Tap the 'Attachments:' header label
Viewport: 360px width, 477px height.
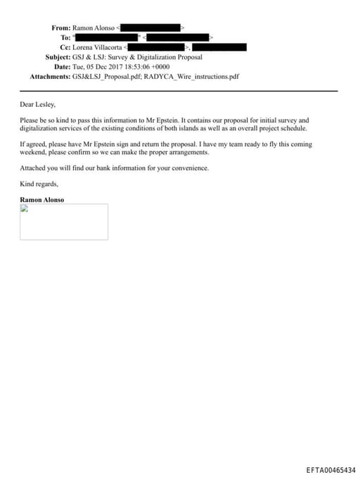(49, 76)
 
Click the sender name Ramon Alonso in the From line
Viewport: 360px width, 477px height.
(94, 27)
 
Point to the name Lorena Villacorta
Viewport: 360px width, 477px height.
(97, 47)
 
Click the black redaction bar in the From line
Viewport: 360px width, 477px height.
(150, 27)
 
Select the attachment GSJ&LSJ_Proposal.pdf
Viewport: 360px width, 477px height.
(101, 76)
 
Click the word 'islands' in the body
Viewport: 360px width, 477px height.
(200, 129)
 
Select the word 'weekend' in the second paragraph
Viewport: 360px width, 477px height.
(33, 152)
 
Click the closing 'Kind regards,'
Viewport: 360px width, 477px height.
(39, 184)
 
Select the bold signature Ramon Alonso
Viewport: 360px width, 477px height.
(41, 200)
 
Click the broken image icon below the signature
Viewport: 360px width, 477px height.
(23, 208)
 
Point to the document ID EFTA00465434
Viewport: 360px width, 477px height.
(330, 469)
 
